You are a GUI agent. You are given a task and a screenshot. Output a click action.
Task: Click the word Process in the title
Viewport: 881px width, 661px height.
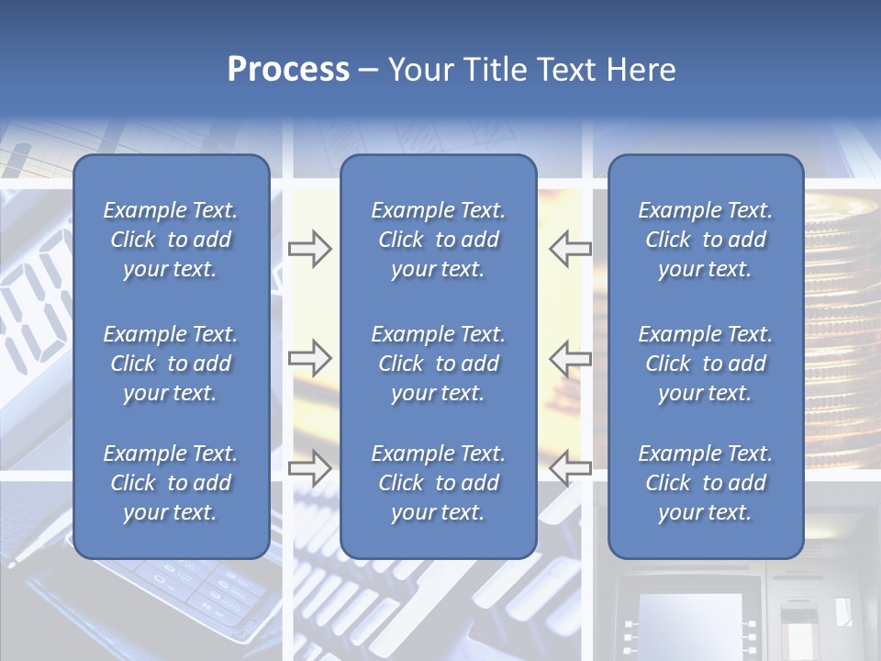coord(288,70)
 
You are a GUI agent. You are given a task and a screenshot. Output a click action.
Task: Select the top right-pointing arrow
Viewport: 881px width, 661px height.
coord(309,249)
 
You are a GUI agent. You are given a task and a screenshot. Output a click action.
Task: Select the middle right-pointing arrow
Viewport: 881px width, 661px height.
coord(309,358)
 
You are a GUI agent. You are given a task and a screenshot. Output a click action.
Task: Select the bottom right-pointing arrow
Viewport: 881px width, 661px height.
coord(309,468)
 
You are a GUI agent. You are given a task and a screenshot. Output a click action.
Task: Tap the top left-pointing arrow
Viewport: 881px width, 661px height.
coord(570,249)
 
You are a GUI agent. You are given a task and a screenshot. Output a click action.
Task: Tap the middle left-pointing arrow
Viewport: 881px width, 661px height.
coord(570,358)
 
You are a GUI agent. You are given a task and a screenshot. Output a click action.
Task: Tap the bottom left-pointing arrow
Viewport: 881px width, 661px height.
coord(570,468)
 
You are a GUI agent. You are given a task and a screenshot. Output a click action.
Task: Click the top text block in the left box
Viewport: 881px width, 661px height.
coord(171,240)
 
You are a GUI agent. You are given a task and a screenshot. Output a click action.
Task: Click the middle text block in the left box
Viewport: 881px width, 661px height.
coord(171,364)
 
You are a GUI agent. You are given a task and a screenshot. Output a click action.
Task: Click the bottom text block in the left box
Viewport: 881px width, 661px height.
coord(171,483)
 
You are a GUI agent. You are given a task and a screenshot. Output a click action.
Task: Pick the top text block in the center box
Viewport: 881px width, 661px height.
coord(438,240)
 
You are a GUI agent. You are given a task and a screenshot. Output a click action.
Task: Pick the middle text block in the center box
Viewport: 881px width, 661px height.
coord(438,364)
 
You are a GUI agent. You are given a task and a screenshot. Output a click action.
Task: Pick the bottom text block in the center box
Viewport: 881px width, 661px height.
coord(438,483)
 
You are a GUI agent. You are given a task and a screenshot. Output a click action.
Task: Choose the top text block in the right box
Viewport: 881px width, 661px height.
coord(705,240)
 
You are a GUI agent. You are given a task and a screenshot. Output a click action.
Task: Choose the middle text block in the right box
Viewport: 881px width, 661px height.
coord(705,364)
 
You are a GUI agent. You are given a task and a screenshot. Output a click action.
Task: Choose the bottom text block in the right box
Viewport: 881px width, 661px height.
coord(705,483)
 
